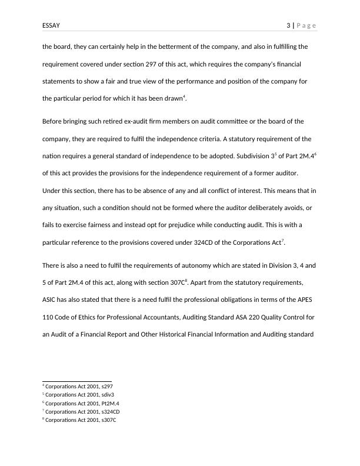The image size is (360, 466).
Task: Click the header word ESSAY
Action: [52, 25]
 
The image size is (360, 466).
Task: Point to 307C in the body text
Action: [176, 282]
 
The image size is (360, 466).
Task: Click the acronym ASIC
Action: [51, 300]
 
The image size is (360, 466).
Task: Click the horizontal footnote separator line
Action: [77, 381]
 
